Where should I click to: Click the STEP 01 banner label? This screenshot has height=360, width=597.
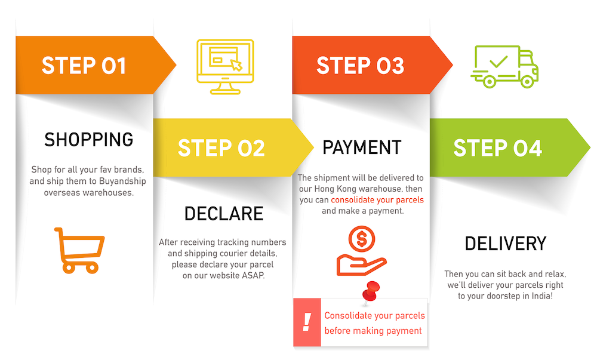pyautogui.click(x=84, y=66)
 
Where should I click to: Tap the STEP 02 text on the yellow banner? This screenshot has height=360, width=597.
pyautogui.click(x=221, y=148)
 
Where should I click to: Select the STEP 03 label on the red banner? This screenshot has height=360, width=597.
pyautogui.click(x=360, y=66)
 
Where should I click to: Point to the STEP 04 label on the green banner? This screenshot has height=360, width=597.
pyautogui.click(x=497, y=148)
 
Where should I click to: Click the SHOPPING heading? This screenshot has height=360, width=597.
pyautogui.click(x=89, y=140)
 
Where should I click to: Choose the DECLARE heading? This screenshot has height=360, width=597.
pyautogui.click(x=224, y=214)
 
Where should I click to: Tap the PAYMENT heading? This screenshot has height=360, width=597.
pyautogui.click(x=362, y=147)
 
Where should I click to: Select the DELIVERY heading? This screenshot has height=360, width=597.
pyautogui.click(x=506, y=244)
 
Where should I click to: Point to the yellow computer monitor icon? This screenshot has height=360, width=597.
pyautogui.click(x=225, y=67)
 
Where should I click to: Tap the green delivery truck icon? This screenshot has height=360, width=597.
pyautogui.click(x=504, y=67)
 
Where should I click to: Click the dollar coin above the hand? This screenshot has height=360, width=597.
pyautogui.click(x=362, y=239)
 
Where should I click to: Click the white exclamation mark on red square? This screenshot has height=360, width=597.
pyautogui.click(x=307, y=322)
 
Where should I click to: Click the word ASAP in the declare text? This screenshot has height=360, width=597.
pyautogui.click(x=253, y=275)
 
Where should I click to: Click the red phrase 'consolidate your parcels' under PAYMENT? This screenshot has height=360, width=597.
pyautogui.click(x=377, y=200)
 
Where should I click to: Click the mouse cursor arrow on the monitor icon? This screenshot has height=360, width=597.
pyautogui.click(x=236, y=66)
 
